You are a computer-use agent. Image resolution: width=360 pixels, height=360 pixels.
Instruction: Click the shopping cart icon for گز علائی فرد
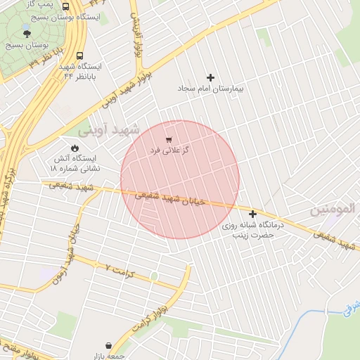(x=169, y=140)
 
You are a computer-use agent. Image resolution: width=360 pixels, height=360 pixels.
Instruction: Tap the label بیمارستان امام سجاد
(x=210, y=90)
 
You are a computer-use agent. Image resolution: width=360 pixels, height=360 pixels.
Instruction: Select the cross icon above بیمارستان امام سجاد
(x=210, y=77)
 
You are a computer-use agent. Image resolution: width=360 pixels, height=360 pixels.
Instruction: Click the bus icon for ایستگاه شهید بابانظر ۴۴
(x=79, y=56)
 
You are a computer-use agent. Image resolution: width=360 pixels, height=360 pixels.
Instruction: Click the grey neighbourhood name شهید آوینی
(x=108, y=129)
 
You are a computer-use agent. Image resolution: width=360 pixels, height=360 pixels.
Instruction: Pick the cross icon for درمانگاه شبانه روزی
(x=252, y=213)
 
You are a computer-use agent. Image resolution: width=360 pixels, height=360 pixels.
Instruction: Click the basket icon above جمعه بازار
(x=108, y=345)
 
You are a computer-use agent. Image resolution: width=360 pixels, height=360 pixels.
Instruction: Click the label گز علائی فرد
(x=169, y=151)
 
